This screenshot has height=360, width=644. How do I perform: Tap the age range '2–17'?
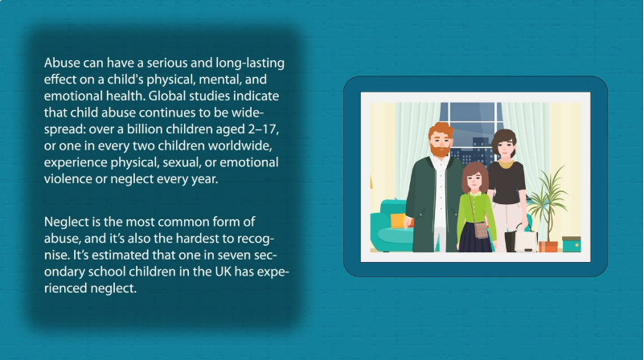pyautogui.click(x=263, y=129)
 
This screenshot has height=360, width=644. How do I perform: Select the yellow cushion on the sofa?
pyautogui.click(x=398, y=220)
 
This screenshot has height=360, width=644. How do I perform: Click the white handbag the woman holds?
pyautogui.click(x=527, y=240)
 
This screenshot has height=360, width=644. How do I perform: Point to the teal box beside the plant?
pyautogui.click(x=572, y=244)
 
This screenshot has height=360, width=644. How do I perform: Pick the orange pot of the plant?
pyautogui.click(x=548, y=247)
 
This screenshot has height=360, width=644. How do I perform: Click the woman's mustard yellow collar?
pyautogui.click(x=505, y=165)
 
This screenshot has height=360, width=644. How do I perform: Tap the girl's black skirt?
pyautogui.click(x=474, y=237)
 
